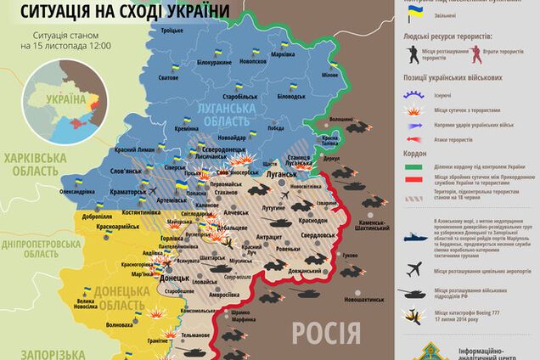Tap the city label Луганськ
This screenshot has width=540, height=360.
tap(280, 172)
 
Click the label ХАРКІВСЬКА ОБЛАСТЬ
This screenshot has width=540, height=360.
tap(35, 163)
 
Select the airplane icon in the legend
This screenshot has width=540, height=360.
tap(415, 269)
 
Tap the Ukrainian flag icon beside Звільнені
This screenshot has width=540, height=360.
tap(414, 14)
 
